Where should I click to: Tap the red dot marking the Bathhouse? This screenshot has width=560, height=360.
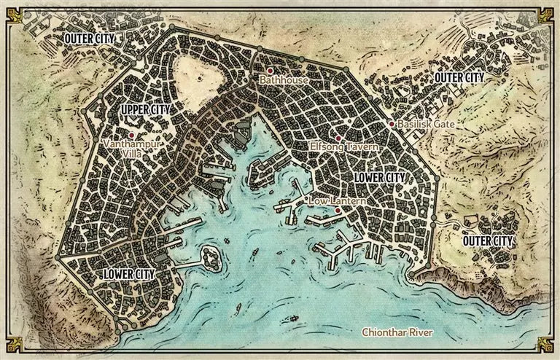pyautogui.click(x=270, y=71)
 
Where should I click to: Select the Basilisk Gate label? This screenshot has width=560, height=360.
pyautogui.click(x=427, y=125)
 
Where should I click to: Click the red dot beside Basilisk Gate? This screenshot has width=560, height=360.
pyautogui.click(x=392, y=124)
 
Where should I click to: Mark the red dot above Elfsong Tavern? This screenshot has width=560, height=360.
pyautogui.click(x=338, y=138)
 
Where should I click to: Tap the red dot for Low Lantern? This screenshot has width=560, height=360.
pyautogui.click(x=338, y=210)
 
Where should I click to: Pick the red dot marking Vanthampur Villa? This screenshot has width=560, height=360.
pyautogui.click(x=131, y=135)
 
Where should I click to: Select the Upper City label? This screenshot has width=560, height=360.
pyautogui.click(x=145, y=109)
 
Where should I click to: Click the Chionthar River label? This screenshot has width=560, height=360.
pyautogui.click(x=397, y=333)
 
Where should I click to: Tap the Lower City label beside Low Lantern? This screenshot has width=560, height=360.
pyautogui.click(x=379, y=177)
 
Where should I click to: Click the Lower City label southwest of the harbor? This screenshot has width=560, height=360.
pyautogui.click(x=128, y=273)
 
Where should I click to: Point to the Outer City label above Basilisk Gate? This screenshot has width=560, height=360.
pyautogui.click(x=459, y=77)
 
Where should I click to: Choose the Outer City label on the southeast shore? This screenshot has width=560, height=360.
pyautogui.click(x=489, y=240)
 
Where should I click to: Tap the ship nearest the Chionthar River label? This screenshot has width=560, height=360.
pyautogui.click(x=292, y=318)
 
